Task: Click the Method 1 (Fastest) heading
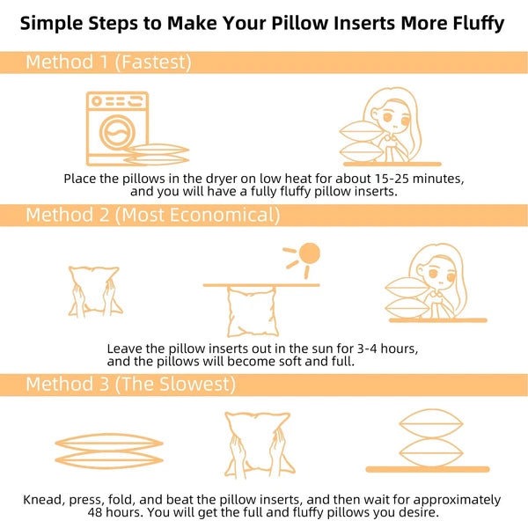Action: [x=108, y=62]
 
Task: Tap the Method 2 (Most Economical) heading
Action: [x=152, y=215]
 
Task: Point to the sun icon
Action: [x=308, y=255]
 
